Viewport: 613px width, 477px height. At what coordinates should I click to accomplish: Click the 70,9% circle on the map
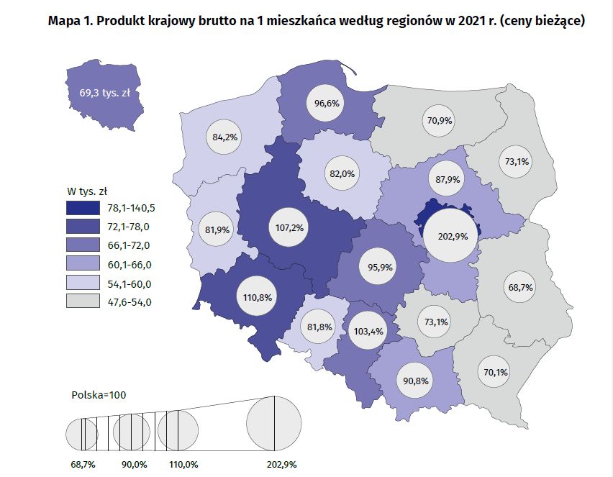click(x=439, y=120)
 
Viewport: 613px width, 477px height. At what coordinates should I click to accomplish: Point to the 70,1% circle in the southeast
click(x=493, y=372)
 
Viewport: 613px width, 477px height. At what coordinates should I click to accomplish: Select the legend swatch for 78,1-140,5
click(x=83, y=209)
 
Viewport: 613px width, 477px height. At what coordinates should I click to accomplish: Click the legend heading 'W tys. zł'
click(x=87, y=191)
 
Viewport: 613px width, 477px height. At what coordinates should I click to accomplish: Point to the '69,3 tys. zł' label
click(x=104, y=94)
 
